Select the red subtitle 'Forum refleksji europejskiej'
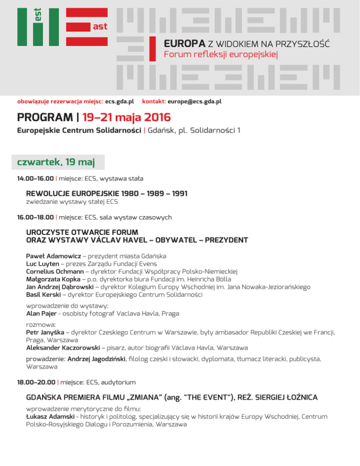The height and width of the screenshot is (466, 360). (x=221, y=55)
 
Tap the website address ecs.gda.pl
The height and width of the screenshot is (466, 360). (x=120, y=101)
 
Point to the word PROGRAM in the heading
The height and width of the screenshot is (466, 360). (x=42, y=116)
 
